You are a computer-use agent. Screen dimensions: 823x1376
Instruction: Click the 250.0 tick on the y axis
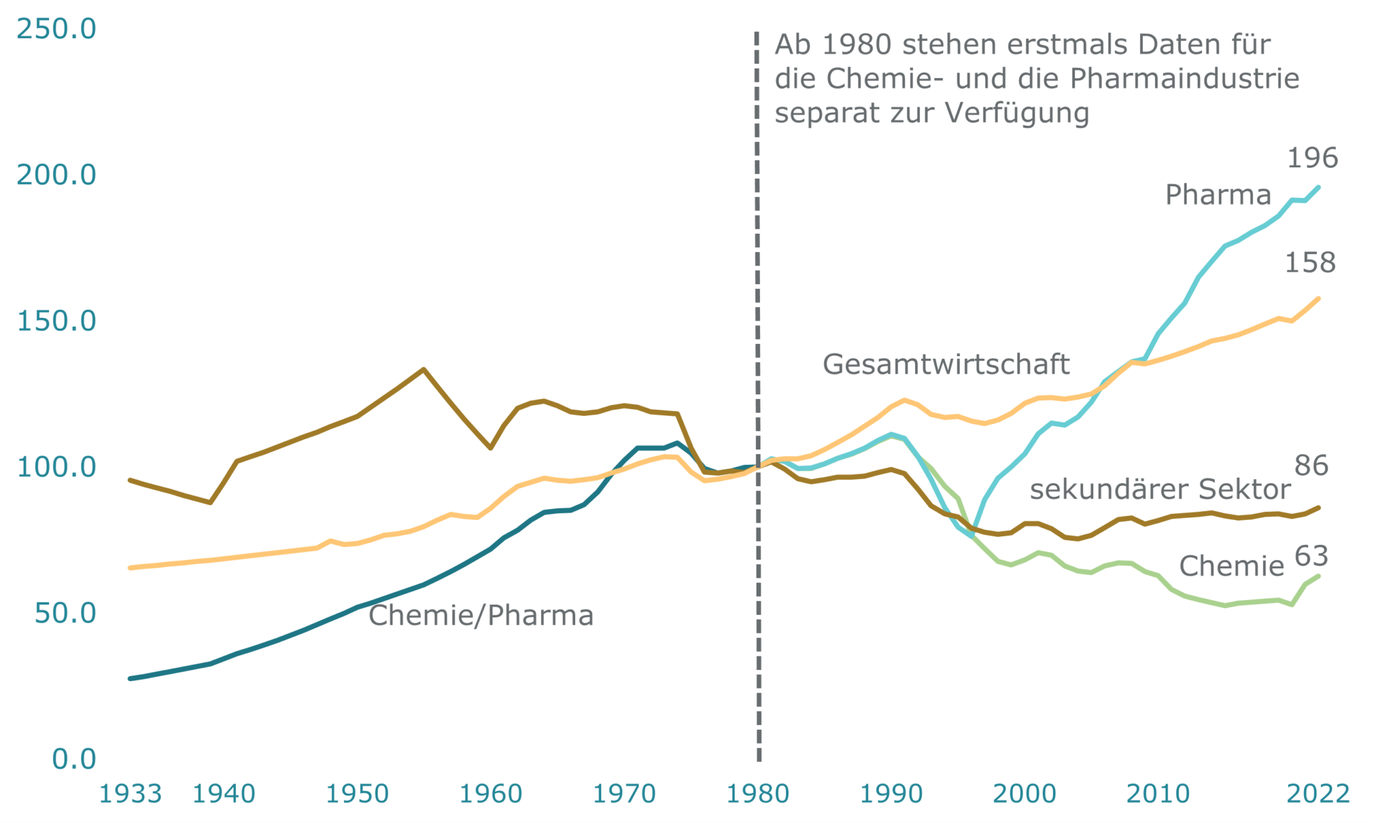[x=56, y=29]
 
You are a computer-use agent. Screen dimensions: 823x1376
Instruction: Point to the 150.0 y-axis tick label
[x=56, y=321]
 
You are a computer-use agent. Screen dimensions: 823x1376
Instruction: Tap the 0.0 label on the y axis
[x=74, y=759]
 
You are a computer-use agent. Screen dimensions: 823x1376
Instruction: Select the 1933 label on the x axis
[x=130, y=794]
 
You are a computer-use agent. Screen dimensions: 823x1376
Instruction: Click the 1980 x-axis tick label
[x=758, y=794]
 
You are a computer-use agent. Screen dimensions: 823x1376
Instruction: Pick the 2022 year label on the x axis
[x=1318, y=794]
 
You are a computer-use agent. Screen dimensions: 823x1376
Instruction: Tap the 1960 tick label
[x=490, y=794]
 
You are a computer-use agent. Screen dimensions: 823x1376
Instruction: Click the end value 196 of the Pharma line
[x=1312, y=159]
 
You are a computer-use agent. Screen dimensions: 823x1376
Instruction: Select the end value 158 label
[x=1310, y=263]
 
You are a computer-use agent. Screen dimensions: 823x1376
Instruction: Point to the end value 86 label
[x=1311, y=466]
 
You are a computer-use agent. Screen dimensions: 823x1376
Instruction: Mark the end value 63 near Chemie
[x=1311, y=556]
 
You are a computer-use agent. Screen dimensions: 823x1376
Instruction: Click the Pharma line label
[x=1218, y=195]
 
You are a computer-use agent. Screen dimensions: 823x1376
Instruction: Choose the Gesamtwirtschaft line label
[x=946, y=364]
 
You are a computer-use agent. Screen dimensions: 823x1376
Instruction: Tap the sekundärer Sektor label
[x=1160, y=490]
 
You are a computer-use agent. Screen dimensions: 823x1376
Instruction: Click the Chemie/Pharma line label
[x=481, y=615]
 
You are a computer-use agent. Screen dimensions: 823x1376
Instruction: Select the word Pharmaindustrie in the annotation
[x=1185, y=79]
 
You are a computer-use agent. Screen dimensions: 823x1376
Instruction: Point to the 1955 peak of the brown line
[x=423, y=369]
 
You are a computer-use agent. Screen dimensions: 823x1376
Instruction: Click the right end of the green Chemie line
[x=1319, y=576]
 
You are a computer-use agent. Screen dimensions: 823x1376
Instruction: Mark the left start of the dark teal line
[x=130, y=679]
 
